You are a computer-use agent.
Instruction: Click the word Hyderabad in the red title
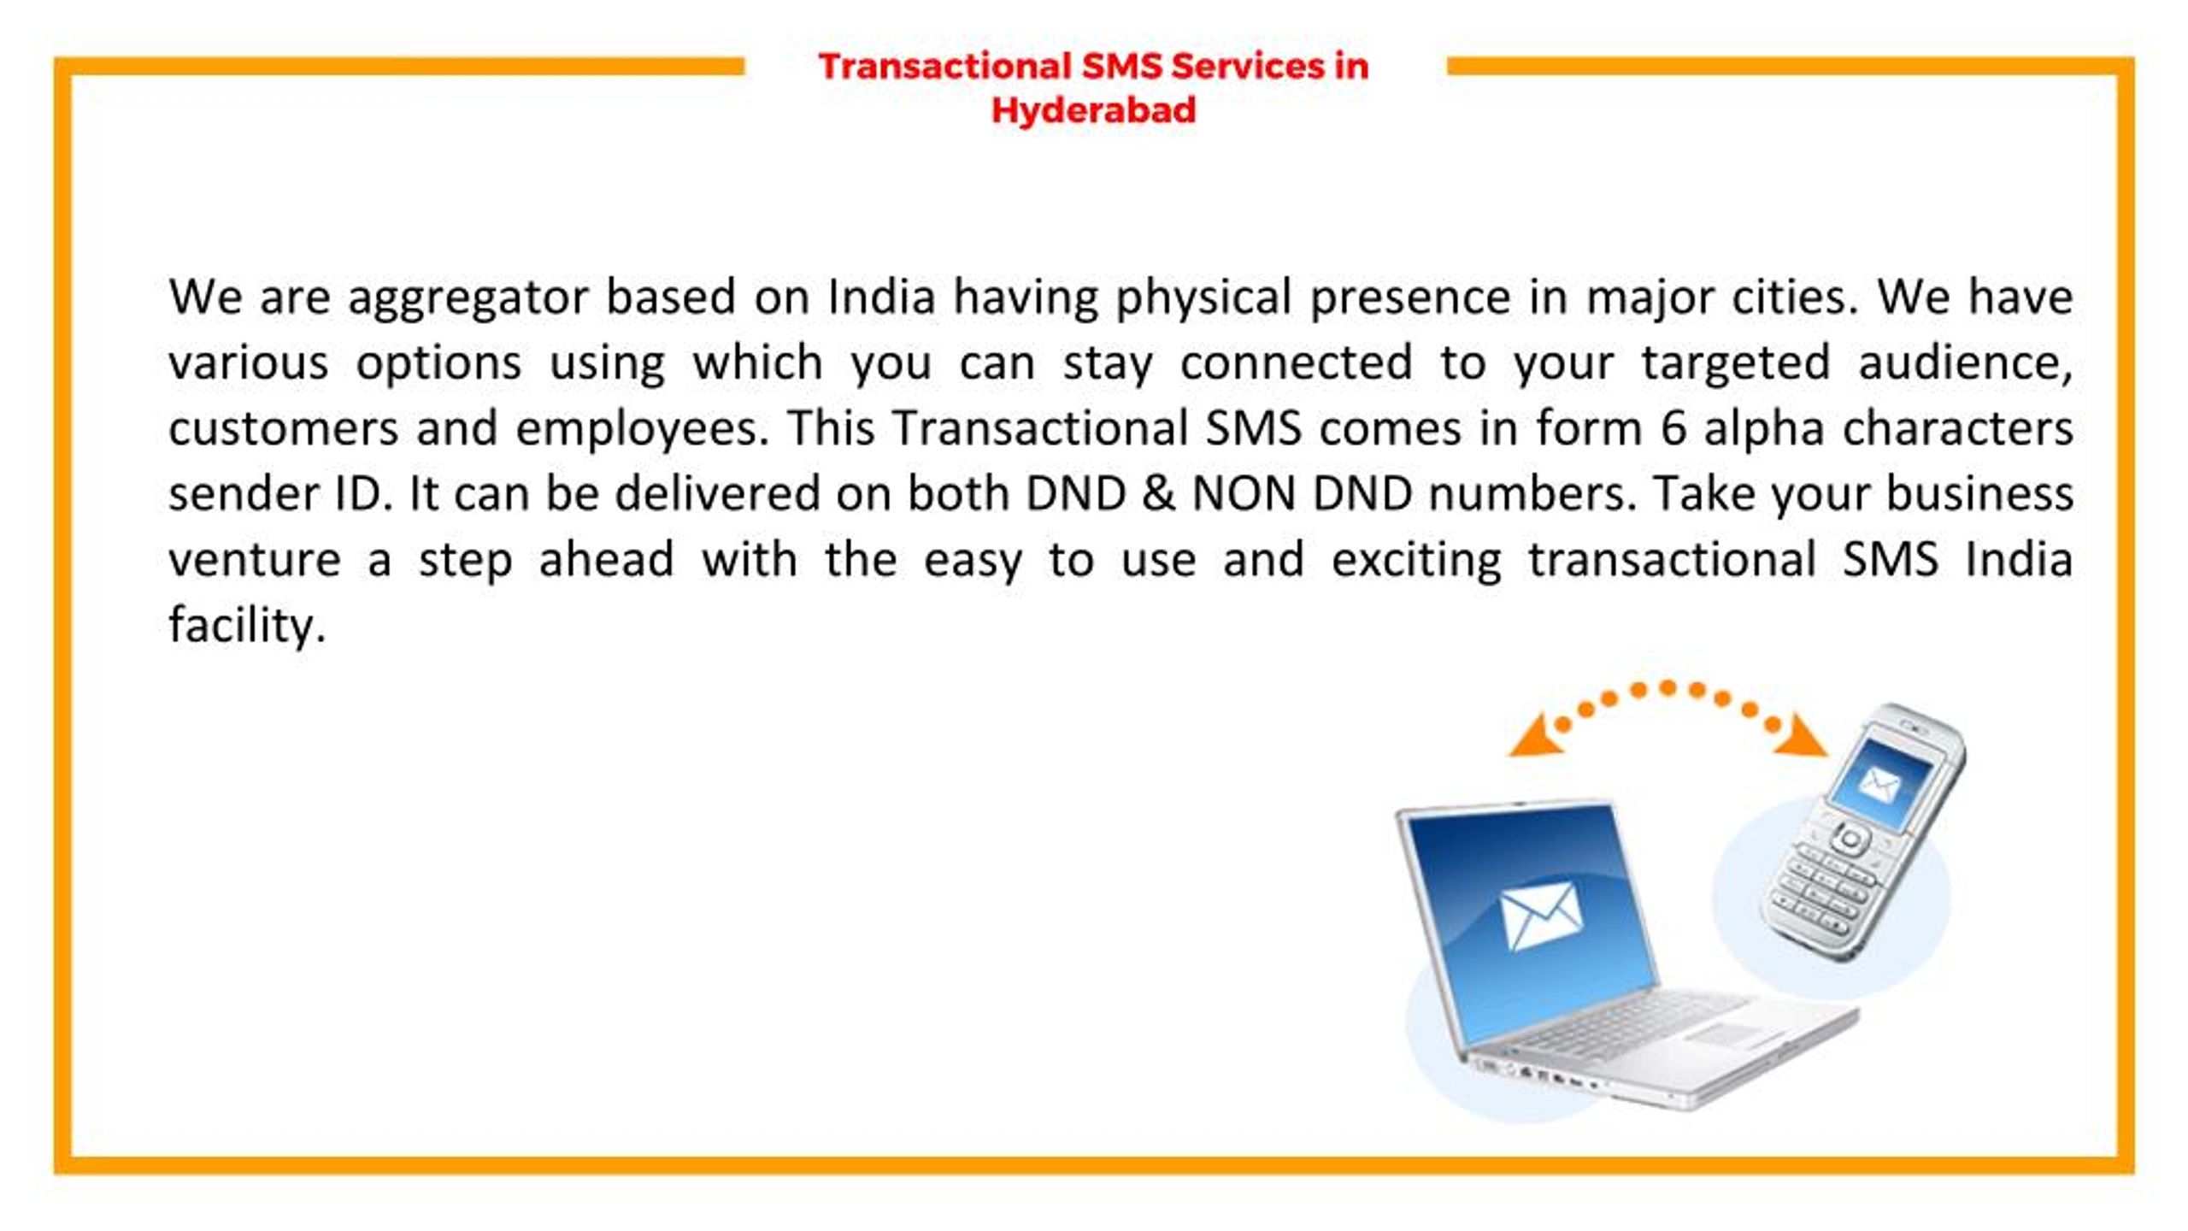pyautogui.click(x=1093, y=110)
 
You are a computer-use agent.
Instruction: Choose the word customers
pyautogui.click(x=283, y=428)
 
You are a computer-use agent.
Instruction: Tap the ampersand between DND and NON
pyautogui.click(x=1158, y=494)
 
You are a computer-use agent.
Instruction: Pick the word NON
pyautogui.click(x=1244, y=494)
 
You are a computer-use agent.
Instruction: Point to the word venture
pyautogui.click(x=255, y=561)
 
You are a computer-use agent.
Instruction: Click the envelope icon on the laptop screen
pyautogui.click(x=1541, y=915)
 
